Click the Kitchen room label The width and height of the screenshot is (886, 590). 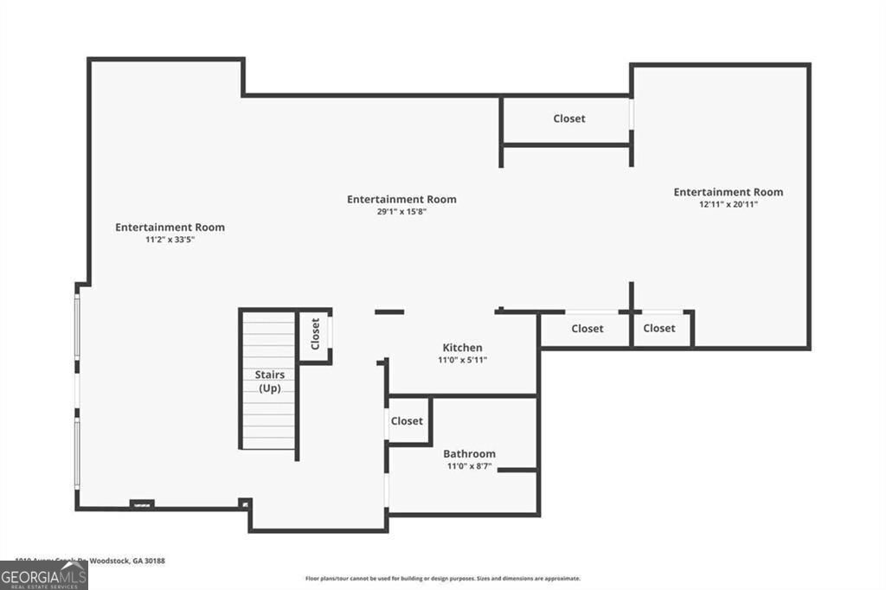tap(462, 348)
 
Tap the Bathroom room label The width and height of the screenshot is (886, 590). tap(469, 453)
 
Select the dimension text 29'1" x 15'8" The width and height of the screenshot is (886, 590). tap(401, 212)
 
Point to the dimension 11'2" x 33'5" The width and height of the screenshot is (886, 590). tap(170, 240)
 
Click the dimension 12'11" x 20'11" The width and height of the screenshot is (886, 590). tap(728, 204)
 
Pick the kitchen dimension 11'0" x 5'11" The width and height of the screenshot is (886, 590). tap(462, 360)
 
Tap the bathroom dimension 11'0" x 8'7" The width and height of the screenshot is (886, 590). tap(469, 466)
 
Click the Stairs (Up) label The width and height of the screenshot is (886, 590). tap(269, 382)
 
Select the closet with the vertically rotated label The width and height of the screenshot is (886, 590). tap(315, 333)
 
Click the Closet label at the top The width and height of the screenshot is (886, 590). tap(569, 119)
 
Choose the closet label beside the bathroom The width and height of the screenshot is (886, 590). tap(407, 421)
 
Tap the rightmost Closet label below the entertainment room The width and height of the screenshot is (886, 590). tap(659, 329)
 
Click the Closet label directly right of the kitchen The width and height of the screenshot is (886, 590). tap(587, 329)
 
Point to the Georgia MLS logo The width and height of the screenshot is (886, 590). tap(44, 575)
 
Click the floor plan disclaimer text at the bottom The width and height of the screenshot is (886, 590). tap(442, 579)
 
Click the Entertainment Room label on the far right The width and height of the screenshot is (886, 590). tap(728, 192)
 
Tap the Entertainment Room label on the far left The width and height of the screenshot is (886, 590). tap(170, 228)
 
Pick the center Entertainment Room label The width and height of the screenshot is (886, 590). tap(401, 199)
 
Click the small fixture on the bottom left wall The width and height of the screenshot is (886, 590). tap(141, 504)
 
